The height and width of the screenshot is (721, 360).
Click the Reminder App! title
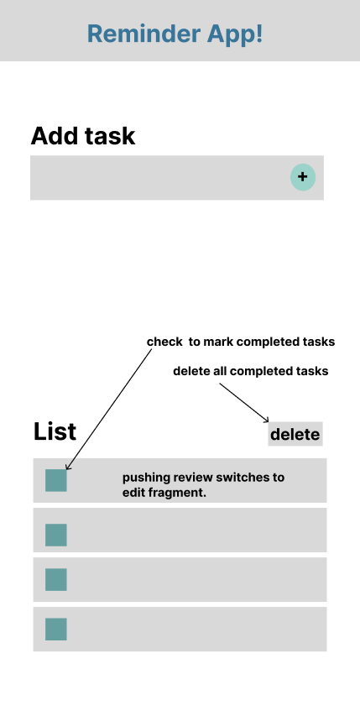tap(175, 34)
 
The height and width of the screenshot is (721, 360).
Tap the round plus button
tap(303, 177)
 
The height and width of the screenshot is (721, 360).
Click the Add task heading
tap(82, 136)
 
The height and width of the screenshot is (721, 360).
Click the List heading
tap(55, 431)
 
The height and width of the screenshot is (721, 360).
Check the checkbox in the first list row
tap(56, 480)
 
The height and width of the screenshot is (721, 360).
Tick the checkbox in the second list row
tap(56, 535)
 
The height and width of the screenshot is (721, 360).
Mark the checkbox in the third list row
tap(56, 579)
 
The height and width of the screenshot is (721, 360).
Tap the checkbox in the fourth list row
tap(56, 629)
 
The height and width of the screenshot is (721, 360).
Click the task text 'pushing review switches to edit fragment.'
tap(203, 485)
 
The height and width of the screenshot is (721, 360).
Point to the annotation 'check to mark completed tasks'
tap(241, 342)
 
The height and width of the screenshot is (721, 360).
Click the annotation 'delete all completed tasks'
tap(250, 371)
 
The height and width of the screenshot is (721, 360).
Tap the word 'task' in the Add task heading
tap(110, 136)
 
